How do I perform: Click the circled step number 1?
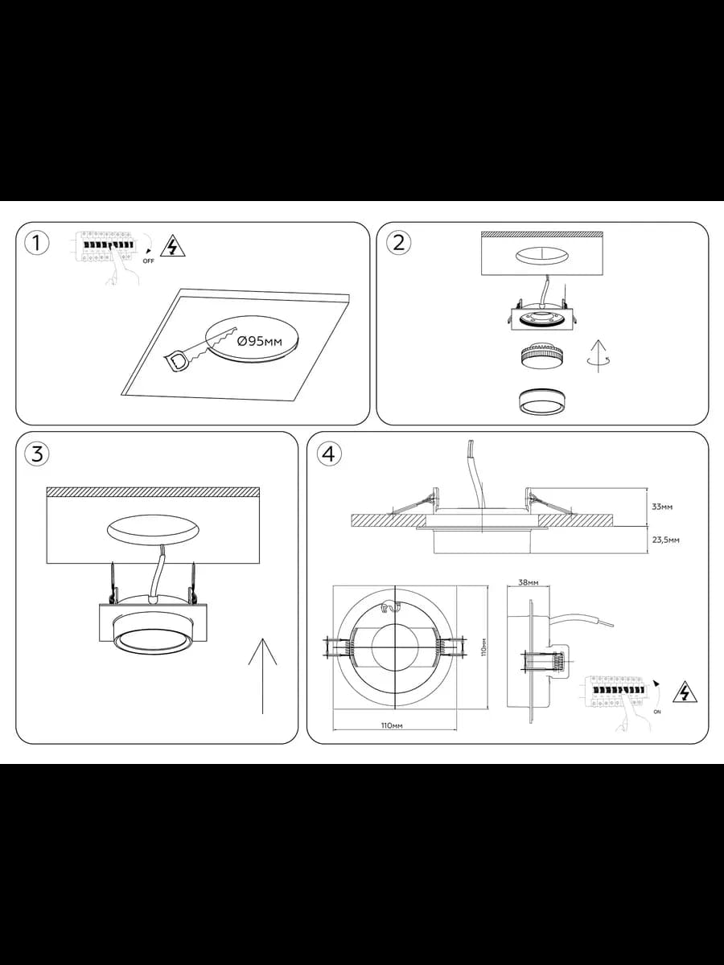pos(37,243)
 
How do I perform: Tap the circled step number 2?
pos(398,243)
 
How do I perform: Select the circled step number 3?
pos(37,454)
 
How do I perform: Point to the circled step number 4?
pos(329,454)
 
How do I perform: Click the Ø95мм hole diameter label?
pos(259,341)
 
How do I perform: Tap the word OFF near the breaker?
pos(149,261)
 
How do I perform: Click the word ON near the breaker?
pos(657,712)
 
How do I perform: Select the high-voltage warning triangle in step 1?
pos(173,247)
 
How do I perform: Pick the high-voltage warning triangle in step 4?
pos(685,692)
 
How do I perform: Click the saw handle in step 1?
pos(178,362)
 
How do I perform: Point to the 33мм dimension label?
pos(662,507)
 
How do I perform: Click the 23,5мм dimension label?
pos(665,540)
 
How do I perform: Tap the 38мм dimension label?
pos(529,582)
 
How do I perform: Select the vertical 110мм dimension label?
pos(483,647)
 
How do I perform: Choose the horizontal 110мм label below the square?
pos(392,726)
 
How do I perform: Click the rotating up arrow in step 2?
pos(599,357)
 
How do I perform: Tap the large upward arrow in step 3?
pos(262,675)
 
